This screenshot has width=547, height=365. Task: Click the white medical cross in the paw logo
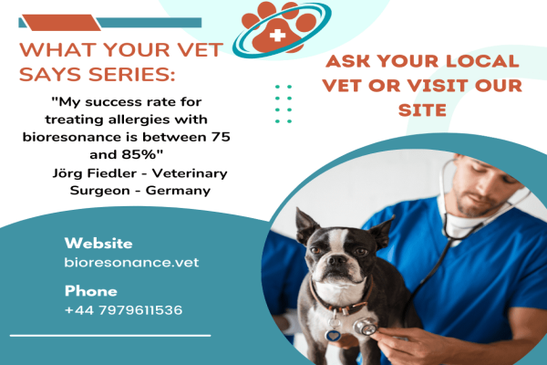(277, 35)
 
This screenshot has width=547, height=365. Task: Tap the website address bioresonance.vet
(131, 262)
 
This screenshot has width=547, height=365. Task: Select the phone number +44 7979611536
(123, 310)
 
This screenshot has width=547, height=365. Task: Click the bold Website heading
(98, 243)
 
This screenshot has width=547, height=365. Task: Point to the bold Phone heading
(90, 291)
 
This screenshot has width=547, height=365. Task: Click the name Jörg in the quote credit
(67, 173)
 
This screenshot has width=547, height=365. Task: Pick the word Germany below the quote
(178, 191)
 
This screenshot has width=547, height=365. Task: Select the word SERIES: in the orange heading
(132, 75)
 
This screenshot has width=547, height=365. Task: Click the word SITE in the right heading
(422, 110)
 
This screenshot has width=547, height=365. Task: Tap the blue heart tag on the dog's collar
(333, 336)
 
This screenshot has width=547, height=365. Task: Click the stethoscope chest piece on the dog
(365, 327)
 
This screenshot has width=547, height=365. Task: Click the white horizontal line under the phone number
(110, 336)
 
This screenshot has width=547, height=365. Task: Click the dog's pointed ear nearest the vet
(382, 231)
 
